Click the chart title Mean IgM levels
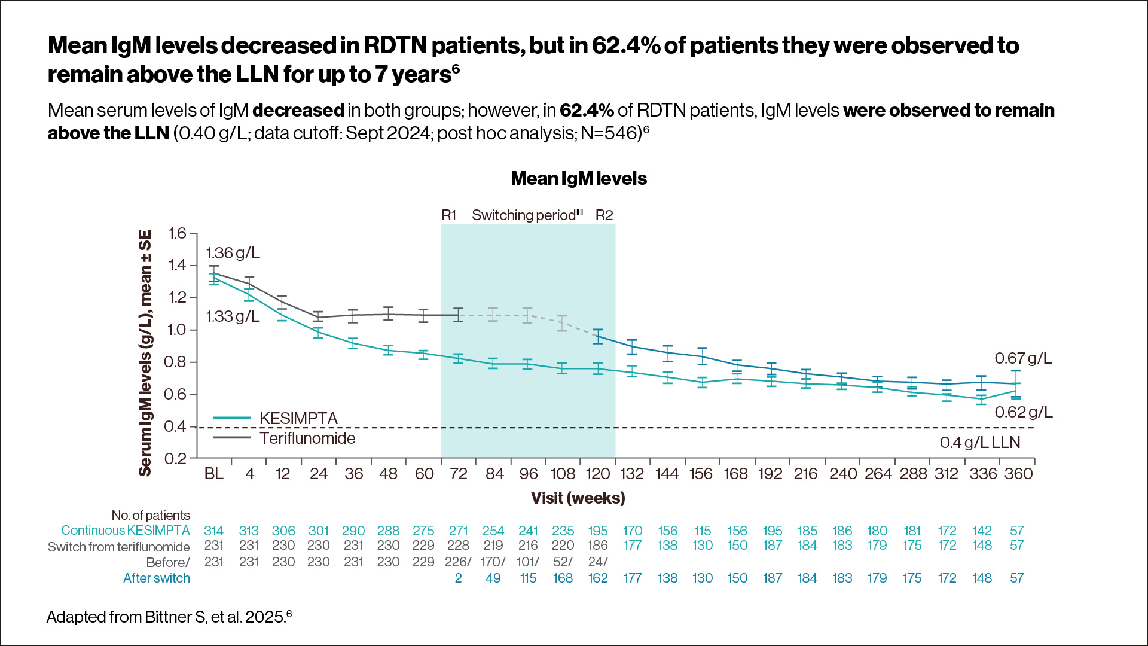coord(578,178)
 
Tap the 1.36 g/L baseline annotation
coord(233,253)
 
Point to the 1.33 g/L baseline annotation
coord(233,316)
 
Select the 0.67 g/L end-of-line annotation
coord(1022,358)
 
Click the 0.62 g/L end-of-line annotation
coord(1023,412)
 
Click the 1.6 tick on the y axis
coord(177,233)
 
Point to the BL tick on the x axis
coord(213,474)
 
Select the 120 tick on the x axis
coord(597,474)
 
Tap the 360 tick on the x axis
coord(1018,474)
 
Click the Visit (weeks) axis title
coord(578,498)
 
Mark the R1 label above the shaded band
coord(448,215)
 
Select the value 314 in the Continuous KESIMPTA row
coord(213,531)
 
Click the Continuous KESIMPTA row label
coord(125,531)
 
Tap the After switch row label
coord(156,578)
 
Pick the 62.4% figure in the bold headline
coord(625,46)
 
